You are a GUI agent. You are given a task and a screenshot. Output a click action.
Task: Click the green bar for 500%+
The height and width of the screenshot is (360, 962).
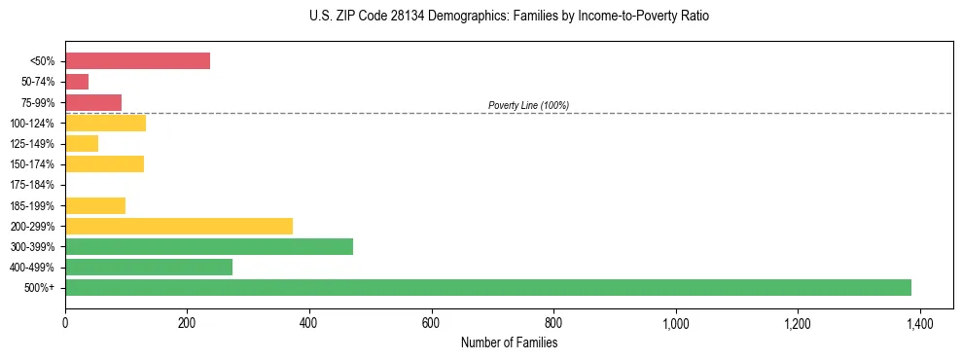pyautogui.click(x=487, y=287)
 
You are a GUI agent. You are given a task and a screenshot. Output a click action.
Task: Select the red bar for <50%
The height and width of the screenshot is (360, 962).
pyautogui.click(x=137, y=60)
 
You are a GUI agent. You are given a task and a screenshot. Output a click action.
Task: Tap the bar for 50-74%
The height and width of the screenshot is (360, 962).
pyautogui.click(x=77, y=82)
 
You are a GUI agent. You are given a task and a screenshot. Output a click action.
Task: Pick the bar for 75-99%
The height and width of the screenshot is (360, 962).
pyautogui.click(x=93, y=102)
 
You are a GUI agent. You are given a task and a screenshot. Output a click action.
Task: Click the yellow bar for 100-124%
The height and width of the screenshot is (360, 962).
pyautogui.click(x=105, y=123)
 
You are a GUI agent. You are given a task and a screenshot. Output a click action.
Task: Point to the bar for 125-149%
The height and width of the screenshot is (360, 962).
pyautogui.click(x=82, y=144)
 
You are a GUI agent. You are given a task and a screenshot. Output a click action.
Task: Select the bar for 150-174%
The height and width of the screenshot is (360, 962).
pyautogui.click(x=104, y=164)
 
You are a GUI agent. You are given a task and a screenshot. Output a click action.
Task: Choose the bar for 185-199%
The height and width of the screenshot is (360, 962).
pyautogui.click(x=95, y=205)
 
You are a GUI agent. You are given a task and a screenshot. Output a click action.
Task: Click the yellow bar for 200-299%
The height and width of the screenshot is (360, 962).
pyautogui.click(x=179, y=226)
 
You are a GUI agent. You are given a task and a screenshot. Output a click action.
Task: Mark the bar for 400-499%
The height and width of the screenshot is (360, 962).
pyautogui.click(x=149, y=267)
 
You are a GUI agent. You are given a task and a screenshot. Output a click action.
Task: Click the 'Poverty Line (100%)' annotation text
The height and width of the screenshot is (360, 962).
pyautogui.click(x=528, y=105)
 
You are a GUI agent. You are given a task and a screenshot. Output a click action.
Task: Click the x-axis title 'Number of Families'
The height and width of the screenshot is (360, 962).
pyautogui.click(x=509, y=343)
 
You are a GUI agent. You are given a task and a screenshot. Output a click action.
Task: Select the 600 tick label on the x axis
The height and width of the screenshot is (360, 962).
pyautogui.click(x=431, y=324)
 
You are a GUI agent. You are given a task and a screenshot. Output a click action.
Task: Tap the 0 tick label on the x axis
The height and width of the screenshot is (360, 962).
pyautogui.click(x=65, y=324)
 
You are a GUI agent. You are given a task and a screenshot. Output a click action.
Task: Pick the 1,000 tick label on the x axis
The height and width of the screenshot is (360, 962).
pyautogui.click(x=675, y=324)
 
